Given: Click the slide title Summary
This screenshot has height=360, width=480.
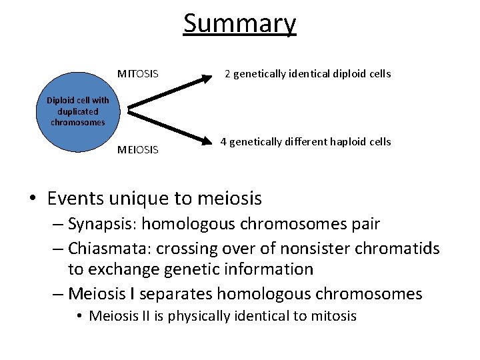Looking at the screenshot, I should point(240,24).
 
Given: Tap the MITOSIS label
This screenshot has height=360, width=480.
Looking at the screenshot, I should point(138,73).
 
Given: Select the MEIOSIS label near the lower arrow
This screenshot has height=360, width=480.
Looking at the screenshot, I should point(138,149).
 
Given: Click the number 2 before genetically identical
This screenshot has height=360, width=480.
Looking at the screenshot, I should point(227,73).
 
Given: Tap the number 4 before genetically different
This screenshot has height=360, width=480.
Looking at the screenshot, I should point(224,141).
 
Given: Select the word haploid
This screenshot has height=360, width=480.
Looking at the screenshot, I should point(344,141).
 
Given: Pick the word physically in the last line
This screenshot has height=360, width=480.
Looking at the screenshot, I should point(197,316).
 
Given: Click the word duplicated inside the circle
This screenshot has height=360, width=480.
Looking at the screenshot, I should point(78,111).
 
